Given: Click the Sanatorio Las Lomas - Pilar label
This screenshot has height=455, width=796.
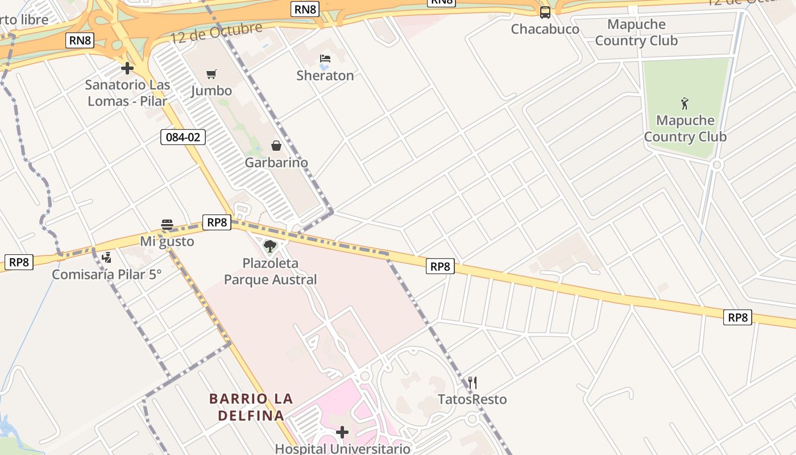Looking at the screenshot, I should click(127, 93).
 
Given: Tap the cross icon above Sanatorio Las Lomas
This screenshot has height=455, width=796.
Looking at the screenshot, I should click(127, 68).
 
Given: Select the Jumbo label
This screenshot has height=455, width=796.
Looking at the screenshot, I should click(212, 90).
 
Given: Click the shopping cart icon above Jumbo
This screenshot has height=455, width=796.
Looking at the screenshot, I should click(212, 74).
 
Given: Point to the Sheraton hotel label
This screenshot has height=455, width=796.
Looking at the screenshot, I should click(325, 75).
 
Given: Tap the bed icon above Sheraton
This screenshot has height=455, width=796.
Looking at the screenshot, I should click(325, 59).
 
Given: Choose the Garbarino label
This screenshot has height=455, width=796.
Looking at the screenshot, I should click(276, 163).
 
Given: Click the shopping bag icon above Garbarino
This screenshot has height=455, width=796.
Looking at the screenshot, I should click(276, 146).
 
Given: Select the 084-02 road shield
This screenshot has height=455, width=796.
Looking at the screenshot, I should click(183, 136).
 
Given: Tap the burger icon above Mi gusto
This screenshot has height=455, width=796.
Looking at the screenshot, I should click(167, 224).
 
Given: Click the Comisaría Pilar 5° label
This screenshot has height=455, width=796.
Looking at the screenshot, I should click(107, 274).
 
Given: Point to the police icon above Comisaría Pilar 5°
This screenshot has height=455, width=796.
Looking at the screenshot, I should click(106, 258).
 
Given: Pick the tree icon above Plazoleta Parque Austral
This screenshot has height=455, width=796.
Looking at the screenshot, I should click(270, 246).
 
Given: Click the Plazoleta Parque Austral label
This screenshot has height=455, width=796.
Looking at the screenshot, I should click(270, 271).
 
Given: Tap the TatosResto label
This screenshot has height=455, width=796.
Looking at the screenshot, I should click(472, 399).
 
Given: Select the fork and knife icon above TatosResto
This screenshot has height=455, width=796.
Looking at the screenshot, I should click(472, 382).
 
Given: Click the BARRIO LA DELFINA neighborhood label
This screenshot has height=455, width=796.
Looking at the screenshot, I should click(251, 407).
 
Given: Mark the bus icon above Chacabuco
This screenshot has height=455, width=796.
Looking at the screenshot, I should click(545, 12).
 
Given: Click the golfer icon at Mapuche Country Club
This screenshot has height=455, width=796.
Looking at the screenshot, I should click(685, 104).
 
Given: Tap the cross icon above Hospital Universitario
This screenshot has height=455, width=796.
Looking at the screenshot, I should click(342, 432).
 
